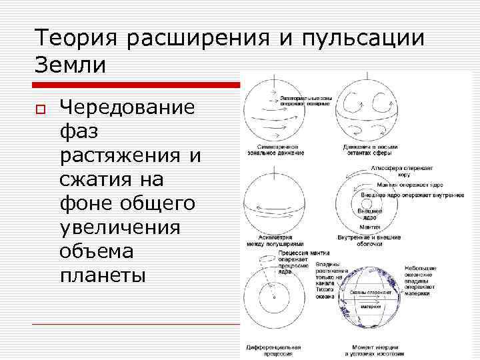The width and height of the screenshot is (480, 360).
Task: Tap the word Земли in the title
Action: tap(69, 65)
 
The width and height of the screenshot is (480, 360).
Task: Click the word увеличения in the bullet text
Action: tap(120, 227)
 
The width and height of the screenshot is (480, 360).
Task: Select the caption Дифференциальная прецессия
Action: tap(274, 350)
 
